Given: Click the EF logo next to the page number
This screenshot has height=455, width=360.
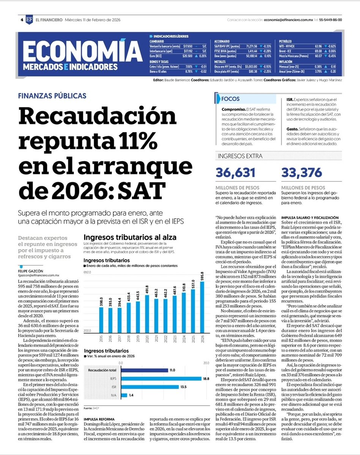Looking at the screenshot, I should (x=29, y=20).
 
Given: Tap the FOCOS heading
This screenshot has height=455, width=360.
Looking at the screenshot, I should (x=231, y=99).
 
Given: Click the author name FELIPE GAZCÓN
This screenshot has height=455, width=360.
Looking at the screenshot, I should (x=34, y=271).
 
